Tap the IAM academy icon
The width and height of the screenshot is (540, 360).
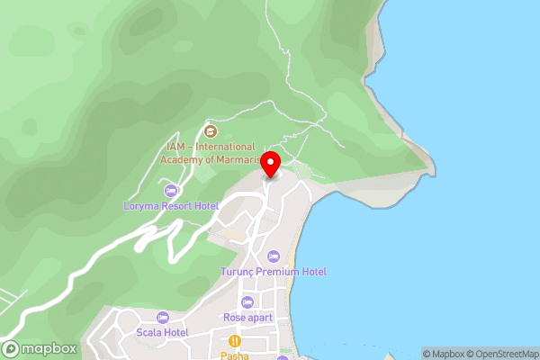tap(211, 131)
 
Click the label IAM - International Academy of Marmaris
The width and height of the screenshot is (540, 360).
tap(208, 153)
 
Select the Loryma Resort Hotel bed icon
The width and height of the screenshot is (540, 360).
tap(171, 190)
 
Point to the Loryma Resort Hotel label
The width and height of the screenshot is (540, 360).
tap(171, 206)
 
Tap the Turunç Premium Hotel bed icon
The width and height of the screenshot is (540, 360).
tap(274, 256)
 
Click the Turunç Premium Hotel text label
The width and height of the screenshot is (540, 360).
tap(274, 272)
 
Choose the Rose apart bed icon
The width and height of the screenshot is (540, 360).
tap(247, 301)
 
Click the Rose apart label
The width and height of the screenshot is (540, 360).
tap(247, 318)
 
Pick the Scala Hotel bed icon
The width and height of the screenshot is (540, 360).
tap(163, 317)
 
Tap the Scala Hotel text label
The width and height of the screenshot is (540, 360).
tap(163, 333)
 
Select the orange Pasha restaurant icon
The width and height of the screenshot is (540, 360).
tap(234, 341)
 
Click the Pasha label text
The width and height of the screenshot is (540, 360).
tap(234, 355)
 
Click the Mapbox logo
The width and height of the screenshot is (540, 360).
tap(39, 349)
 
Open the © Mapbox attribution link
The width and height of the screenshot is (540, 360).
tap(444, 354)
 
